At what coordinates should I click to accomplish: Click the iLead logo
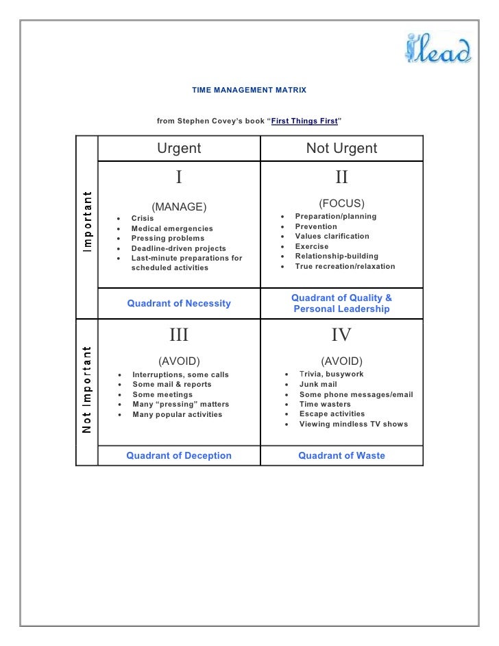(x=437, y=51)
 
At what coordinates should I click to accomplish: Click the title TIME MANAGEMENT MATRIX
(x=249, y=91)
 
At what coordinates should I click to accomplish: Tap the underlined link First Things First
(x=304, y=121)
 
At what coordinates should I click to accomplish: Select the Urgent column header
(x=179, y=148)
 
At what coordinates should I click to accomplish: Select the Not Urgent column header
(x=341, y=148)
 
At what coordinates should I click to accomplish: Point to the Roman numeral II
(x=341, y=178)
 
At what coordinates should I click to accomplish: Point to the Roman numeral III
(x=179, y=335)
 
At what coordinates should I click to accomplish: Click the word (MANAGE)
(x=179, y=206)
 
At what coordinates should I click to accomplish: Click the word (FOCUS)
(x=341, y=204)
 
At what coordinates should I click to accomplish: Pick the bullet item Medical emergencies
(x=172, y=228)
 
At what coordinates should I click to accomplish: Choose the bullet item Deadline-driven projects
(x=178, y=248)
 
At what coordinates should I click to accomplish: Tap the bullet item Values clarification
(x=332, y=237)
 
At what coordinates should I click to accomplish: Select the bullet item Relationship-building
(x=337, y=256)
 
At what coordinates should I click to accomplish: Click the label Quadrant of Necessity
(x=179, y=303)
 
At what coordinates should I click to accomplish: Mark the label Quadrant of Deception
(x=179, y=455)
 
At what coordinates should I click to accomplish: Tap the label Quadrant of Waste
(x=341, y=455)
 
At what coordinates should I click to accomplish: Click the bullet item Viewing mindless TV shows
(x=353, y=424)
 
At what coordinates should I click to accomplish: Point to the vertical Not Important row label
(x=86, y=390)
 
